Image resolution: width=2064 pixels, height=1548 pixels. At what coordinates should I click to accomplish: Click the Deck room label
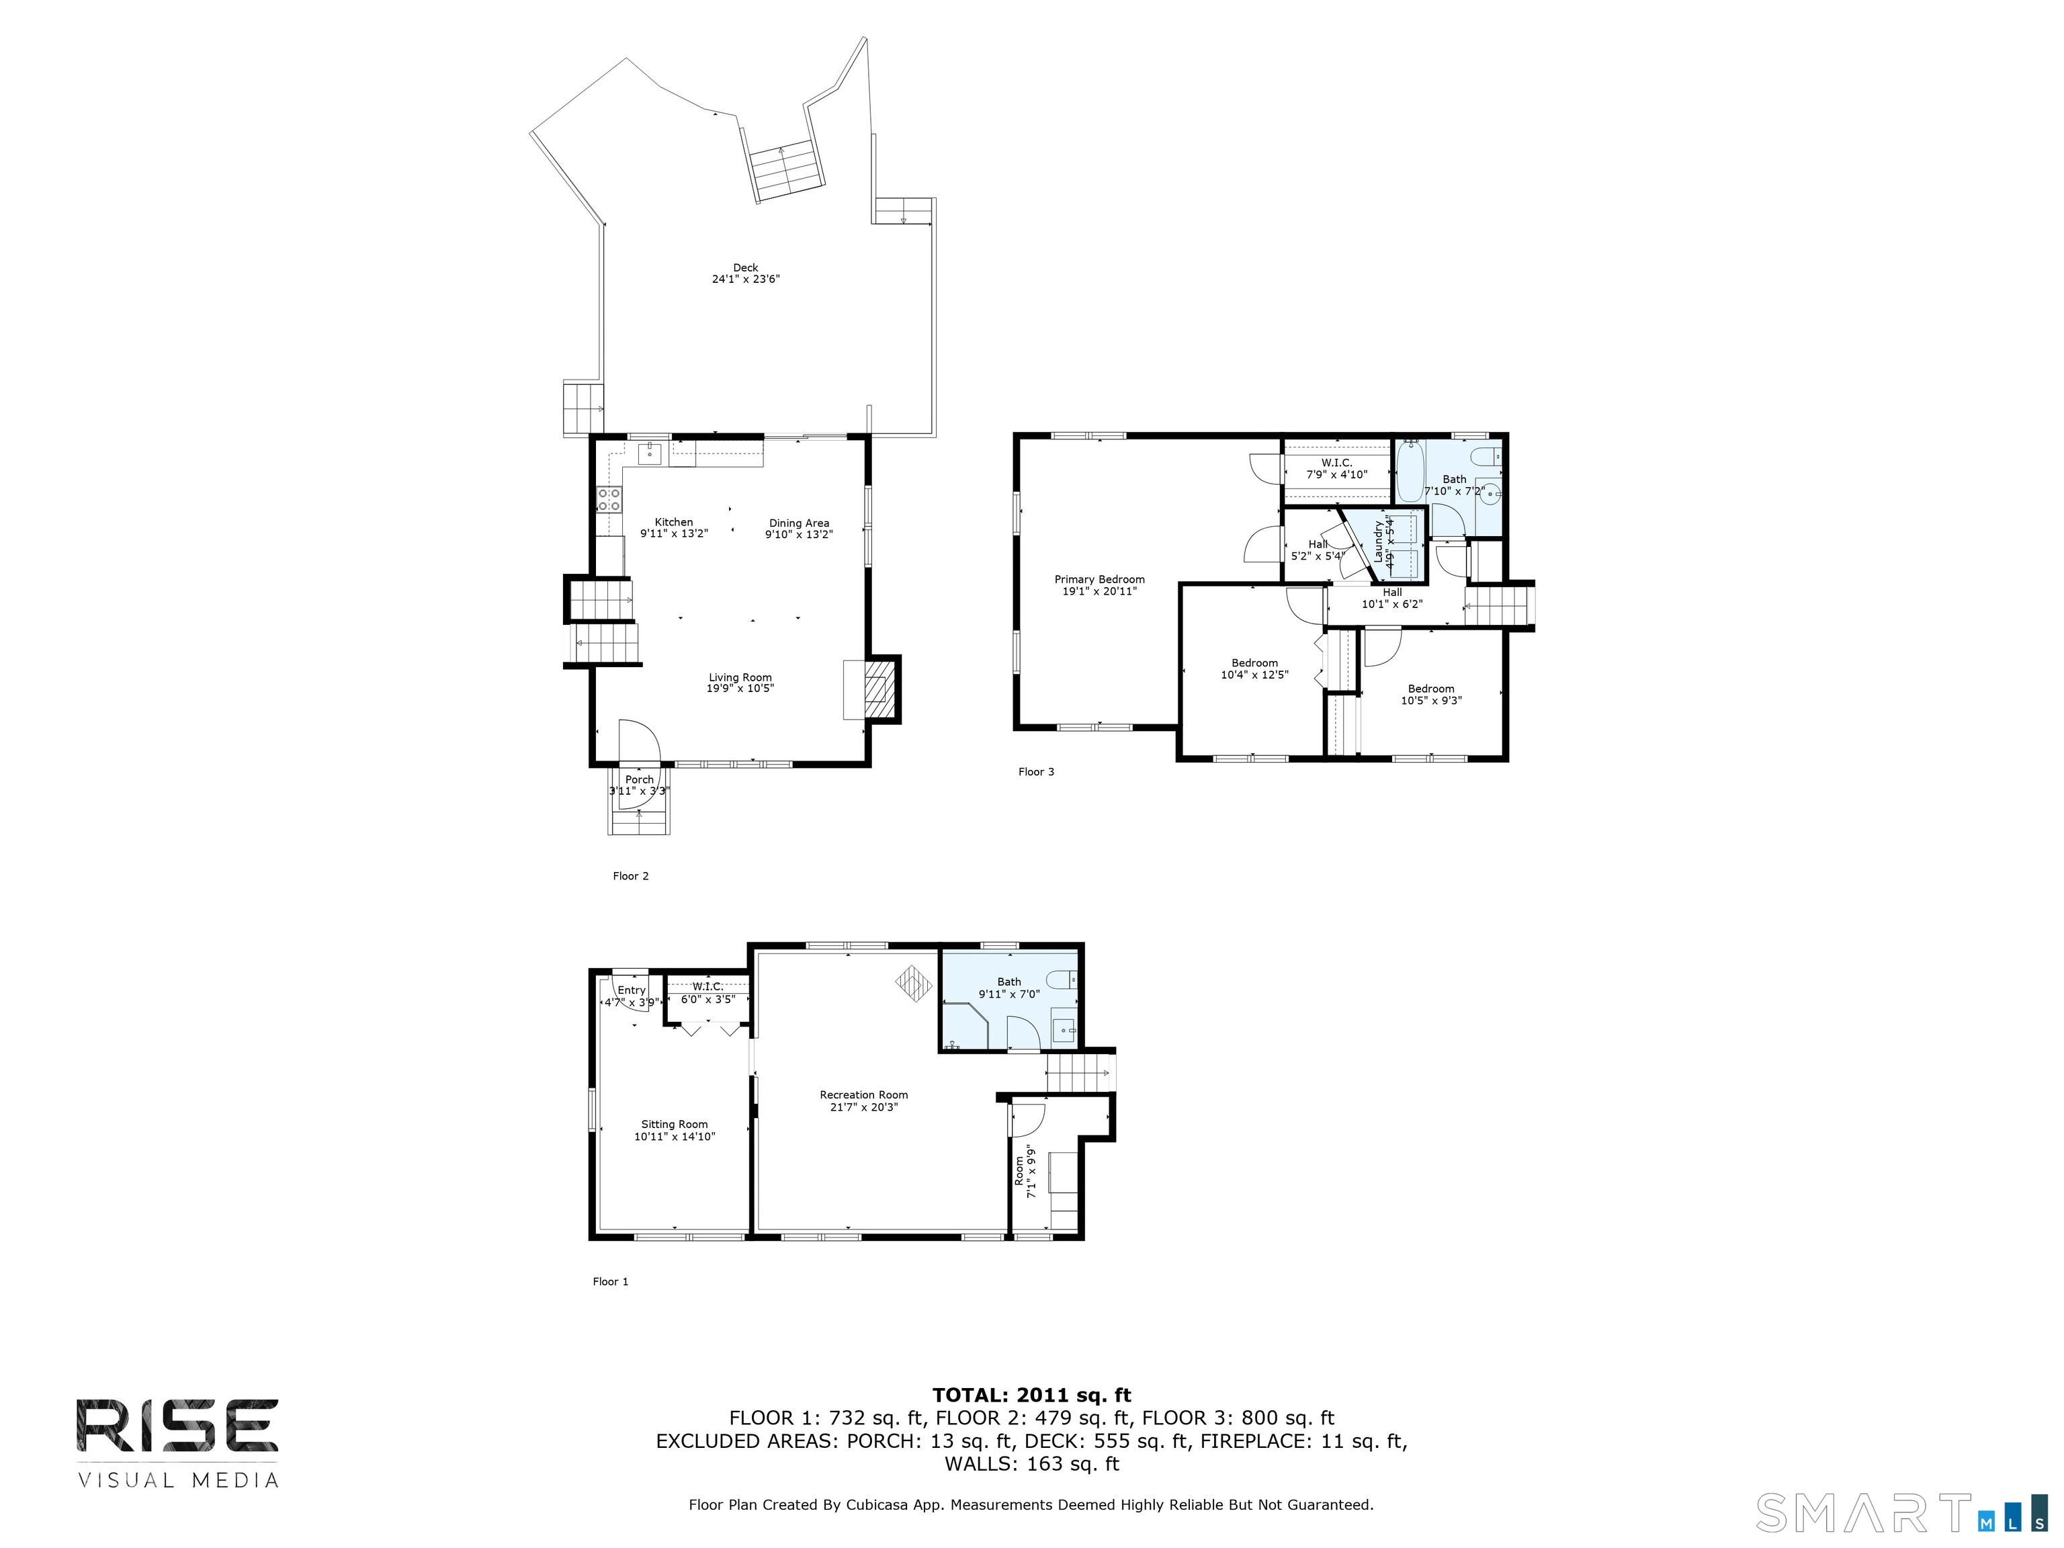[x=746, y=268]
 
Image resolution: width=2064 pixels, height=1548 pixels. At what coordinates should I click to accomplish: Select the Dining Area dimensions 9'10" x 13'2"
[x=799, y=535]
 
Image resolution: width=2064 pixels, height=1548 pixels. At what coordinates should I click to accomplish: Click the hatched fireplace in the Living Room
[x=878, y=689]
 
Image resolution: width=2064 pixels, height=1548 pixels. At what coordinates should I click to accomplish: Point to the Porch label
[x=640, y=780]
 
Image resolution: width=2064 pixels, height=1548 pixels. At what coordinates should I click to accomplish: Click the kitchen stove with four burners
[x=609, y=499]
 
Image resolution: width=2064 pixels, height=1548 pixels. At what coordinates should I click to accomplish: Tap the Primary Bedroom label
[x=1099, y=579]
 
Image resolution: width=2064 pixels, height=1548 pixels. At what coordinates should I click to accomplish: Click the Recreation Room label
[x=864, y=1095]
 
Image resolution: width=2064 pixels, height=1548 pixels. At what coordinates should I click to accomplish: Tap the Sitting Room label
[x=675, y=1124]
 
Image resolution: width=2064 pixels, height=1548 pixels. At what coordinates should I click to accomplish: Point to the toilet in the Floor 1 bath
[x=1061, y=980]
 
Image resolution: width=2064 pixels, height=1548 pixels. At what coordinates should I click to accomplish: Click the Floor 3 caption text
[x=1036, y=772]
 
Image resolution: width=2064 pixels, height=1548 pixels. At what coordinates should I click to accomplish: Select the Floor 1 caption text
[x=610, y=1281]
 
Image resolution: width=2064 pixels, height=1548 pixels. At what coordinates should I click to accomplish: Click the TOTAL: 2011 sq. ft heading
[x=1032, y=1395]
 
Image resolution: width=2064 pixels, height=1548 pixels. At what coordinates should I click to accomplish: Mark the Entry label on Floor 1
[x=632, y=991]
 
